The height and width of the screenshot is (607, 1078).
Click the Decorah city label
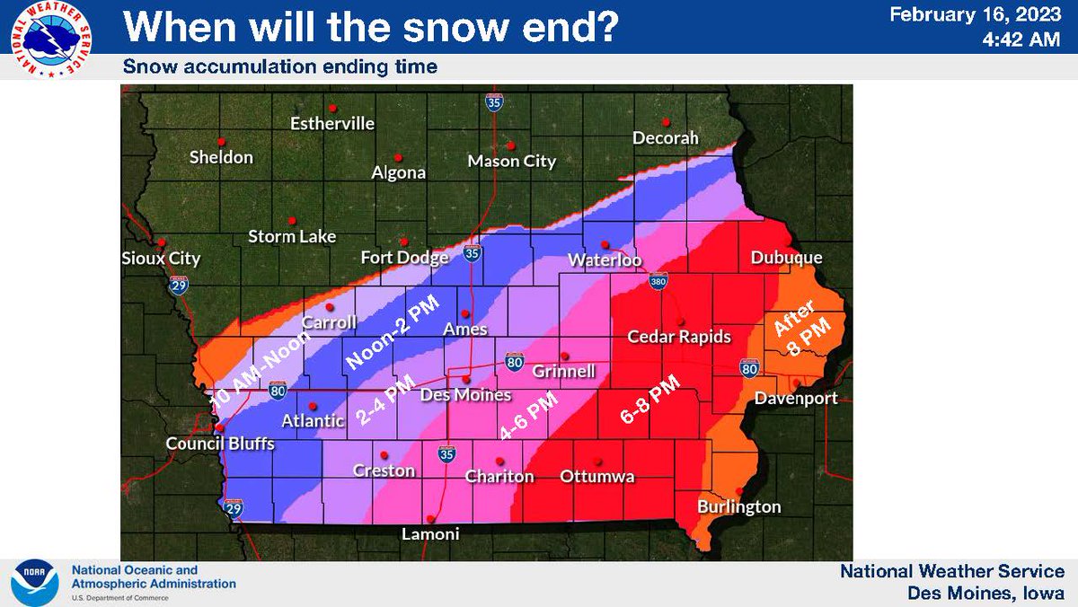tap(666, 139)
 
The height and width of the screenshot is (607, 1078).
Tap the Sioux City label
tap(161, 259)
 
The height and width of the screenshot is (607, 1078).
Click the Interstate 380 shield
tap(658, 282)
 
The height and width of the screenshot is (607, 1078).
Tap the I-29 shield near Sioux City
tap(178, 286)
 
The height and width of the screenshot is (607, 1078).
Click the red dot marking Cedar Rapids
tap(681, 321)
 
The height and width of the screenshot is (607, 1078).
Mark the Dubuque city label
tap(786, 258)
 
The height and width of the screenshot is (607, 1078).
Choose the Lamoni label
tap(429, 533)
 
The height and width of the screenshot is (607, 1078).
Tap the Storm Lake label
tap(292, 237)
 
